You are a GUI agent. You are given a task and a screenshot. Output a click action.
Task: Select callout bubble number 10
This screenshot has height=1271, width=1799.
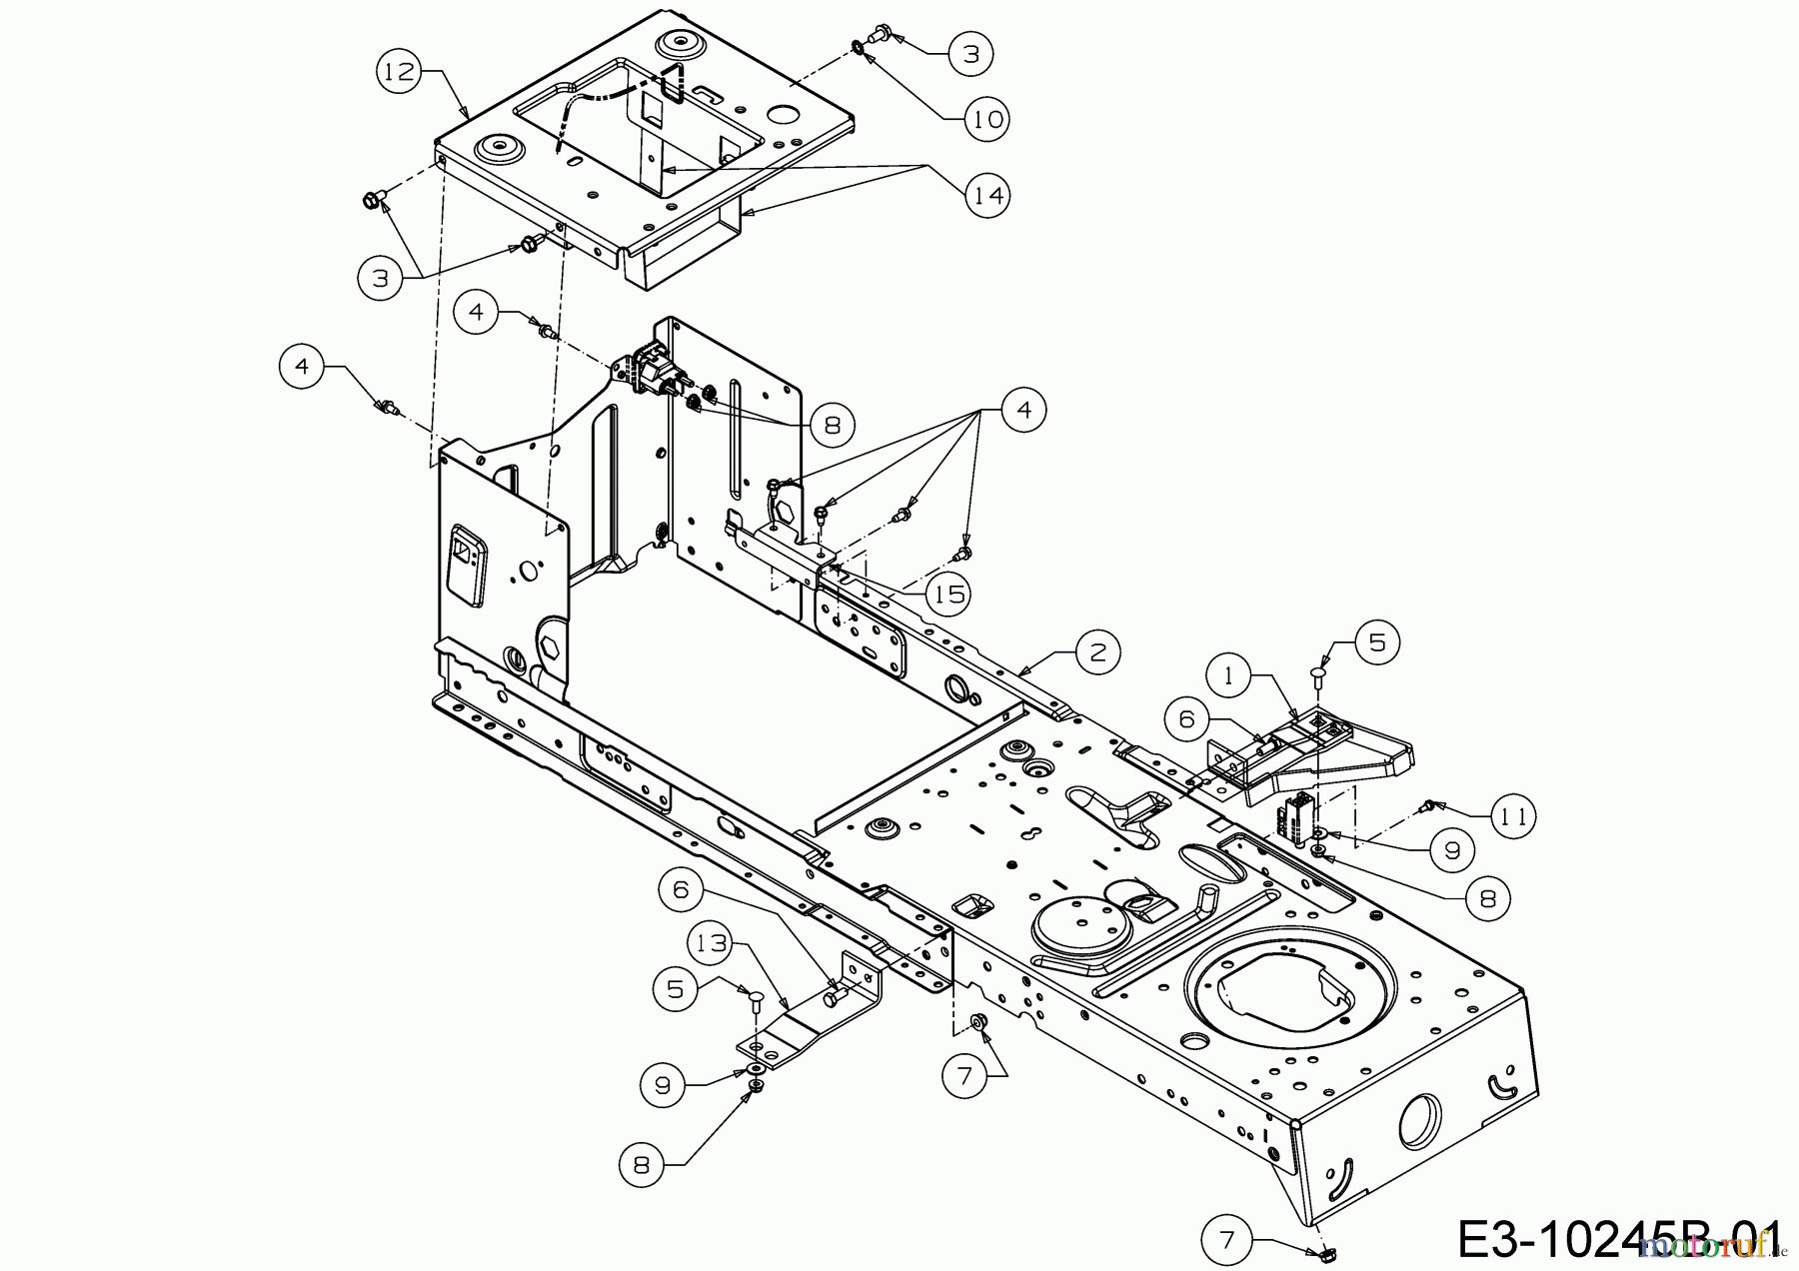(987, 119)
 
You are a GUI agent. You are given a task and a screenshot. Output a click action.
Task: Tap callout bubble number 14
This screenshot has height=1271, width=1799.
(987, 195)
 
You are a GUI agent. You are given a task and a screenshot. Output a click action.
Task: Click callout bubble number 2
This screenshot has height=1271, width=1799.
(1098, 653)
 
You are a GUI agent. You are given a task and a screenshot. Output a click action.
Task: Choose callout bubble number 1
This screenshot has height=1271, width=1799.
(1229, 676)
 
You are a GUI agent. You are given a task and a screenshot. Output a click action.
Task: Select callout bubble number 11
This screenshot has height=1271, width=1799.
(1513, 817)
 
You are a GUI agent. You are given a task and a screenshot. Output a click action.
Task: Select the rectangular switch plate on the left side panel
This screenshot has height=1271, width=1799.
(466, 566)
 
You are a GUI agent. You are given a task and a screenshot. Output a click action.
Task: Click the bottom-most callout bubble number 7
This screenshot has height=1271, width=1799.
(1228, 1242)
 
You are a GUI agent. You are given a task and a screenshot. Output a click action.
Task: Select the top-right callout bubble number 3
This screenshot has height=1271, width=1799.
(969, 52)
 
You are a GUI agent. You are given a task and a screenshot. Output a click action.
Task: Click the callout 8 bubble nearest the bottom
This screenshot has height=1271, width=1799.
(641, 1164)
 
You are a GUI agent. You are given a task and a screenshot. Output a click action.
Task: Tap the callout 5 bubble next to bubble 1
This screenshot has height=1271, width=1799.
(1377, 642)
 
